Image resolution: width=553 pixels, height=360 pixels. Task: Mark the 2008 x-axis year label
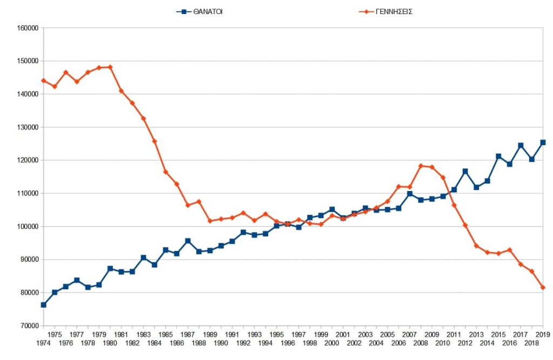pos(421,343)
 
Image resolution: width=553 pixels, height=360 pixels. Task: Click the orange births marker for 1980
pos(110,67)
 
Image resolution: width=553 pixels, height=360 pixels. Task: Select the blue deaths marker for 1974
pos(43,305)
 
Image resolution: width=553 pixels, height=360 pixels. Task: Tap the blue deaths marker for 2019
pos(543,142)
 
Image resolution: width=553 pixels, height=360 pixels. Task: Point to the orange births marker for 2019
pos(543,288)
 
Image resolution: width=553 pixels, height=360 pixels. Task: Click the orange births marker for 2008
pos(421,166)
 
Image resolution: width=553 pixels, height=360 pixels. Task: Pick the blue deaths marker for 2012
pos(465,171)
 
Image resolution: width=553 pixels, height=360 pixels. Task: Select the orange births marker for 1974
pos(43,80)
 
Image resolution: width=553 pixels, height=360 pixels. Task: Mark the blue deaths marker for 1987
pos(187,241)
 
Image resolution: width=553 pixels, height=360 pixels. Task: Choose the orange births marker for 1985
pos(165,172)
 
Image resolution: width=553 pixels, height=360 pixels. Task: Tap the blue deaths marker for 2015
pos(498,157)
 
